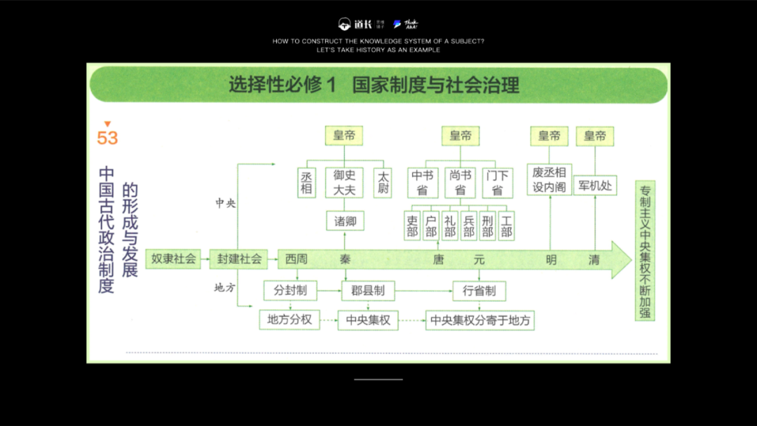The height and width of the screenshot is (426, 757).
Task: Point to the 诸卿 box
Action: pyautogui.click(x=345, y=221)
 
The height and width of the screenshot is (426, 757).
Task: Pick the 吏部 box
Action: pyautogui.click(x=412, y=226)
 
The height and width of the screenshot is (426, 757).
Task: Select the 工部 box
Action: pyautogui.click(x=506, y=226)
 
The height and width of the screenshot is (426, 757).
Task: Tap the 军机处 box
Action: pyautogui.click(x=594, y=186)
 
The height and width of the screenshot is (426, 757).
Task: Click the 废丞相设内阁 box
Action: pyautogui.click(x=550, y=180)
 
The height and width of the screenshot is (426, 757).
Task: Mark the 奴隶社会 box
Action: pyautogui.click(x=174, y=259)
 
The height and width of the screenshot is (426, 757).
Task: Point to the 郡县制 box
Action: pyautogui.click(x=368, y=290)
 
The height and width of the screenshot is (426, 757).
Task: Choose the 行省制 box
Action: pyautogui.click(x=479, y=290)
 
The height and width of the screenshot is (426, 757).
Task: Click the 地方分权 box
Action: pyautogui.click(x=289, y=320)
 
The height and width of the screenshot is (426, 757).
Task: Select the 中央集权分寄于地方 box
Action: pyautogui.click(x=480, y=320)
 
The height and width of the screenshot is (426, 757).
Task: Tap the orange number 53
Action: pyautogui.click(x=107, y=137)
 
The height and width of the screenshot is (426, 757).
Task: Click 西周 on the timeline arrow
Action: pyautogui.click(x=296, y=259)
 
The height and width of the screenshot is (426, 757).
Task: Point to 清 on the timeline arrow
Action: pyautogui.click(x=594, y=259)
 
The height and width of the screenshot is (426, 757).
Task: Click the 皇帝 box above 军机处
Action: pyautogui.click(x=594, y=136)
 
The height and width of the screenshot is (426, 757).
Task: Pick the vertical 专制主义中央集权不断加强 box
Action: pyautogui.click(x=645, y=250)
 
